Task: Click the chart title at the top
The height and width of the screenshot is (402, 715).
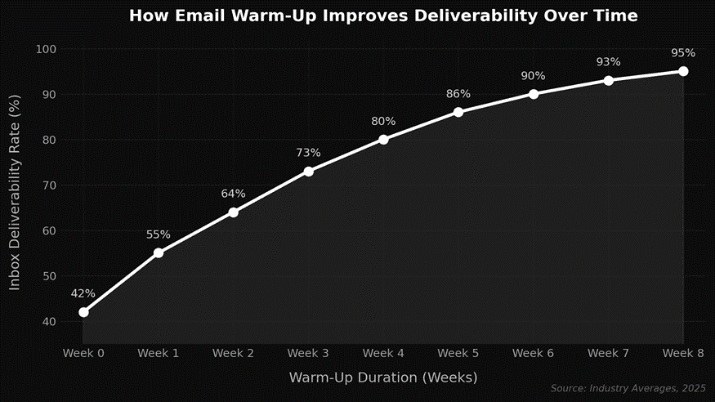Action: [x=382, y=16]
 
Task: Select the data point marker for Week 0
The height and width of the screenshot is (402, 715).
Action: [x=83, y=312]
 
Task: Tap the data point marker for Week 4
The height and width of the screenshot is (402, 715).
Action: [x=383, y=139]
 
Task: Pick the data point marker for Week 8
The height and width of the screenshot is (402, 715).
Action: [x=683, y=71]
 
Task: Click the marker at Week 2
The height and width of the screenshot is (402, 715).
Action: [x=233, y=212]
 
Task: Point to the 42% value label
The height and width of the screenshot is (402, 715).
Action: [x=83, y=293]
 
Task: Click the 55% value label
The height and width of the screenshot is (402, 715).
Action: [x=159, y=234]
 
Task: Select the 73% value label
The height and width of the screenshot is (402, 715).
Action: [x=308, y=153]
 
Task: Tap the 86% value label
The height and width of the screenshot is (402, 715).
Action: [x=458, y=94]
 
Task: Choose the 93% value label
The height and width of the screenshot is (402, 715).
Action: [x=608, y=62]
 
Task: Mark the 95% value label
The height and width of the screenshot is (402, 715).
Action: [x=683, y=53]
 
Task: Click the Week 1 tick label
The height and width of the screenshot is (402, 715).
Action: [x=159, y=353]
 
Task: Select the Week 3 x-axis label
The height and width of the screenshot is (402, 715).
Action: [x=308, y=353]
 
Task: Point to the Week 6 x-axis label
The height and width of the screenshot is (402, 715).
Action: [x=533, y=353]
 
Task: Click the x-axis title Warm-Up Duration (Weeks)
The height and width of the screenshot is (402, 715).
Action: [x=382, y=377]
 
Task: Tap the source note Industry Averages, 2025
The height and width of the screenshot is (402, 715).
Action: [x=628, y=388]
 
